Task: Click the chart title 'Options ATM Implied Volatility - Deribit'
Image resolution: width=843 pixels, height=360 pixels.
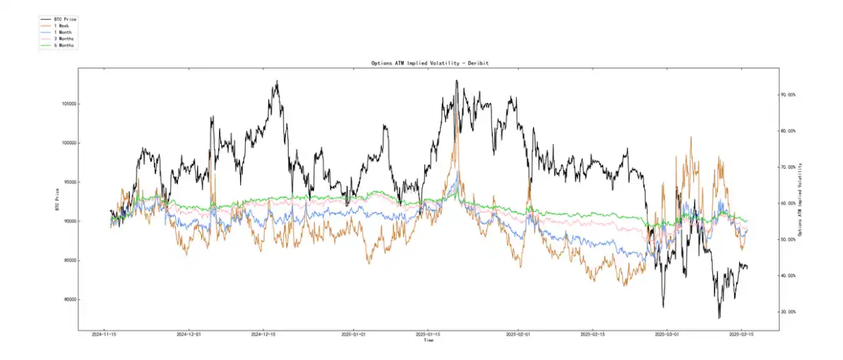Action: pyautogui.click(x=429, y=63)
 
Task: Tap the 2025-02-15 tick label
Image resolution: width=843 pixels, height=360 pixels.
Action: pyautogui.click(x=597, y=335)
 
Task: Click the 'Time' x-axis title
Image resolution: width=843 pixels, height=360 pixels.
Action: pyautogui.click(x=428, y=340)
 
